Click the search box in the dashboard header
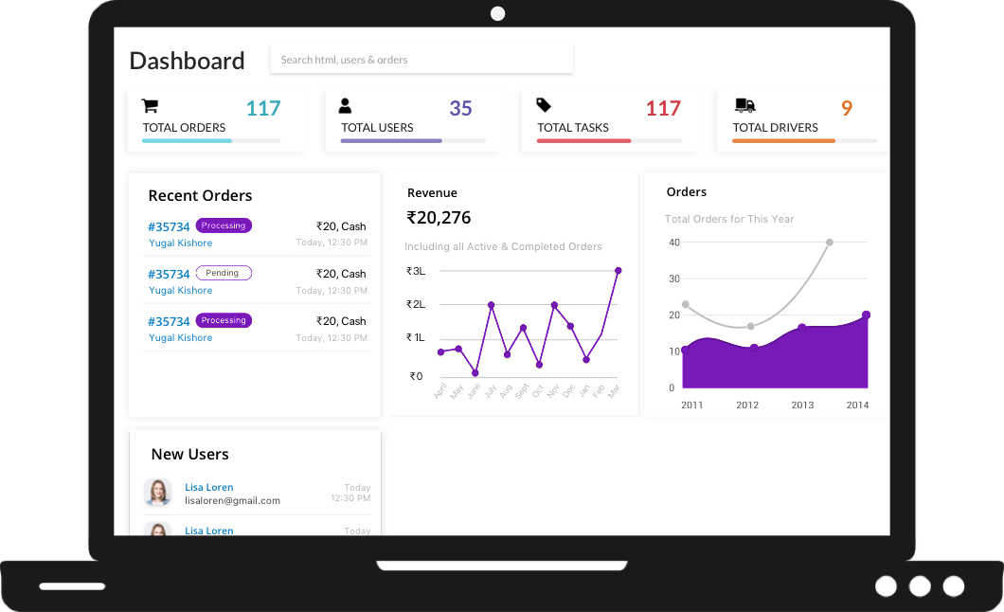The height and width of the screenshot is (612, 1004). [x=421, y=60]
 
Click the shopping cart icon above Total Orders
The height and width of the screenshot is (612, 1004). [x=150, y=106]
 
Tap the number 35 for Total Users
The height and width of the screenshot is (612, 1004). [x=460, y=109]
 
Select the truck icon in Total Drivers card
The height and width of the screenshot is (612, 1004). [x=744, y=105]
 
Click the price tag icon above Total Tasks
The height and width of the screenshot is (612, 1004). [x=544, y=105]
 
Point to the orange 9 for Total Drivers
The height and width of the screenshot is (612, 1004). [x=847, y=109]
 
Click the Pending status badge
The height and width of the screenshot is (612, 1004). [x=224, y=273]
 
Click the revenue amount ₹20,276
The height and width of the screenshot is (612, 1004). [x=439, y=218]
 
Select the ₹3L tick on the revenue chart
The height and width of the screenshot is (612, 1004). [x=416, y=271]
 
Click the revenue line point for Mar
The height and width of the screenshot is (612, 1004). [x=618, y=271]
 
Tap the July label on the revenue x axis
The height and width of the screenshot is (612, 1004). [x=490, y=390]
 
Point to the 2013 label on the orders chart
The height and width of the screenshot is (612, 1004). [x=802, y=405]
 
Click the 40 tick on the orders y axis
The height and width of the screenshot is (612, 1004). [x=674, y=243]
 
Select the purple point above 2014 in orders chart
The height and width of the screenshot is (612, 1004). [x=866, y=315]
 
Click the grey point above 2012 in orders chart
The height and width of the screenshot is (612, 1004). [x=750, y=327]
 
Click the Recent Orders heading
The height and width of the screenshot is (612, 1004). [x=200, y=196]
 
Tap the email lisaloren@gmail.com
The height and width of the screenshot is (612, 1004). [x=232, y=500]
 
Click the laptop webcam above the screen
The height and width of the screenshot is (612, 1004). [x=498, y=13]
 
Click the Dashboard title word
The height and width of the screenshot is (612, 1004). [x=187, y=61]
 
